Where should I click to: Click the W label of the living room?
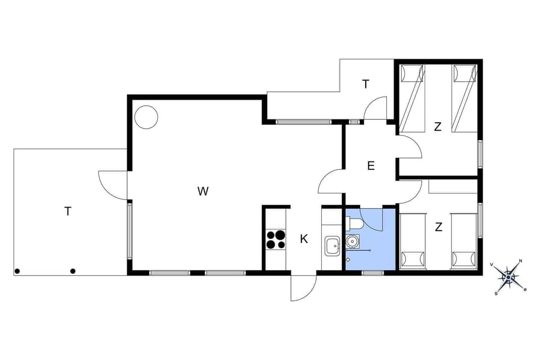[x=203, y=191]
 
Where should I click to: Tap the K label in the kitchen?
[x=304, y=239]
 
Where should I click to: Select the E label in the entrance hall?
[x=371, y=165]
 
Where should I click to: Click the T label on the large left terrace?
[x=68, y=211]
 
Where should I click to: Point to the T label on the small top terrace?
[x=366, y=84]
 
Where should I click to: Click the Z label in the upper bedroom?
[x=438, y=127]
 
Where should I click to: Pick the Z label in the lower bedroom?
[x=438, y=227]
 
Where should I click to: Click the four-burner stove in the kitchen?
[x=276, y=240]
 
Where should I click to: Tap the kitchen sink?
[x=332, y=246]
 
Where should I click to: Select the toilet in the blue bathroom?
[x=355, y=224]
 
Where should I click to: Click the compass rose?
[x=508, y=276]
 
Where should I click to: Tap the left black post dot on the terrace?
[x=17, y=271]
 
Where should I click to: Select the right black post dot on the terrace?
[x=73, y=271]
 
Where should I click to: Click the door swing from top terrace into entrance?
[x=376, y=108]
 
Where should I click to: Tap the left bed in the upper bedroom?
[x=412, y=98]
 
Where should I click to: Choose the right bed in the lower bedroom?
[x=464, y=240]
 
